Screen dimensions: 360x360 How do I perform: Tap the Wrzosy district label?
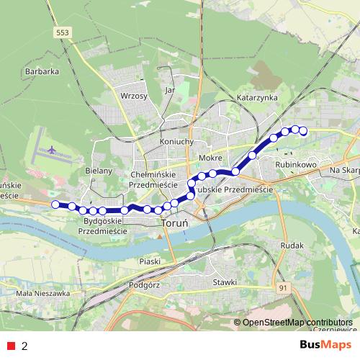coord(135,96)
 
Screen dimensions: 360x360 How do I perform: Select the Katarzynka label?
coord(257,96)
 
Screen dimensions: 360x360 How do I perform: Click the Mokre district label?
coord(210,157)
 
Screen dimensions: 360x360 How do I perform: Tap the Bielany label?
coord(99,171)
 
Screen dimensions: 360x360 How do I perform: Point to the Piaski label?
coord(149,261)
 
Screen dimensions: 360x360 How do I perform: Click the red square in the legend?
coord(11,346)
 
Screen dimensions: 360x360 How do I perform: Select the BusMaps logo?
coord(325,345)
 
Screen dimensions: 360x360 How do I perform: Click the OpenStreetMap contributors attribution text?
coord(297,323)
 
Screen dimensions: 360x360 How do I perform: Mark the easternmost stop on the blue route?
coord(303,131)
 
